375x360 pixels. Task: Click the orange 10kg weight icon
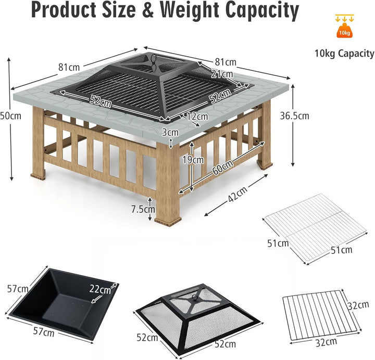tap(344, 30)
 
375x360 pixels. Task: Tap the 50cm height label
tap(10, 116)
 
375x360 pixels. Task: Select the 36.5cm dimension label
tap(294, 116)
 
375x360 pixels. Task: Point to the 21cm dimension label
tap(222, 74)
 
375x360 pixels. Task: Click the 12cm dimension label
tap(197, 117)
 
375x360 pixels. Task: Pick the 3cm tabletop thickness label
tap(170, 132)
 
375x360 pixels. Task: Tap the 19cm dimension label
tap(193, 160)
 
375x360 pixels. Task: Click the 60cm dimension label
tap(222, 167)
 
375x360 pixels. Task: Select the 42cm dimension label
tap(237, 194)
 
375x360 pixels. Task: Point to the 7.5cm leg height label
tap(143, 209)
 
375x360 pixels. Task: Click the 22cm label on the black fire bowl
tap(100, 289)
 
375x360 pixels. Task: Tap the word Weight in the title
tap(190, 10)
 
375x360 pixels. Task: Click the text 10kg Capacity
tap(344, 54)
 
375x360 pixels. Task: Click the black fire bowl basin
tap(61, 302)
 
